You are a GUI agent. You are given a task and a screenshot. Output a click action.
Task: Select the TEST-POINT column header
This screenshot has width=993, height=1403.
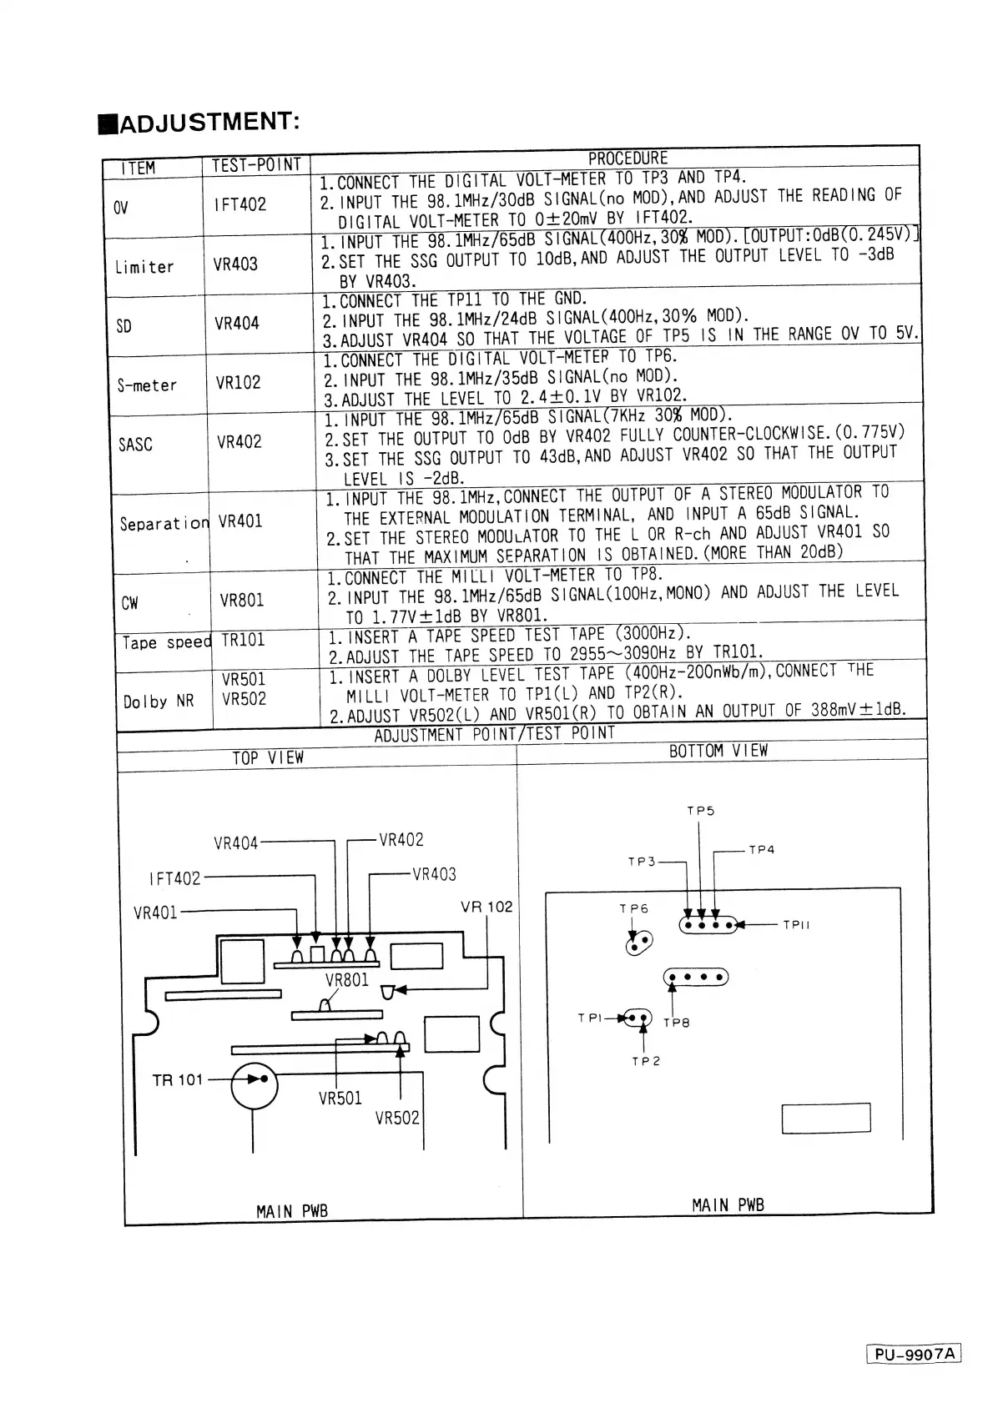point(255,165)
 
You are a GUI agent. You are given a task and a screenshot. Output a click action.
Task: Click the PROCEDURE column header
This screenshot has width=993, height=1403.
point(628,158)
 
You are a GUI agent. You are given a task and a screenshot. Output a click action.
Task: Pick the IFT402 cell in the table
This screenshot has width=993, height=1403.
point(239,204)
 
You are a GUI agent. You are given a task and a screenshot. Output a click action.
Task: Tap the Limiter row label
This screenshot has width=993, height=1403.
point(144,267)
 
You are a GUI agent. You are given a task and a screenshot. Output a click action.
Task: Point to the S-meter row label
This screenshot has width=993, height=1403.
point(147,385)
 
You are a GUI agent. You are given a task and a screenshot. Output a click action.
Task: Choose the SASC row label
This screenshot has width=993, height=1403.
point(135,445)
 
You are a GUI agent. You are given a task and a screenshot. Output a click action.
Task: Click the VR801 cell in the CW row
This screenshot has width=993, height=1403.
point(241,601)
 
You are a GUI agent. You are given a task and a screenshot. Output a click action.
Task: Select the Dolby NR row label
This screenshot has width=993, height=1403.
point(159,701)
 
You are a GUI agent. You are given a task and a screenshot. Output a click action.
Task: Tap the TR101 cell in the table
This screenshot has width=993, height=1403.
point(242,640)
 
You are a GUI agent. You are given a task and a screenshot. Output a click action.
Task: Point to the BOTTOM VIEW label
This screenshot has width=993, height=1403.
point(718,751)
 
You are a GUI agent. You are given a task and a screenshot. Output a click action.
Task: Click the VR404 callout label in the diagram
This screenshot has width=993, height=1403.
point(236,843)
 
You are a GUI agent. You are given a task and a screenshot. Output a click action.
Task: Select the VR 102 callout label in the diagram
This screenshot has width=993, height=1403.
point(486,907)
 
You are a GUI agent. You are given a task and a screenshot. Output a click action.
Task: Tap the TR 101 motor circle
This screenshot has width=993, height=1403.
point(255,1085)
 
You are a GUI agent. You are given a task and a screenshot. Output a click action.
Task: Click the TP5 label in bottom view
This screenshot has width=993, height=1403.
point(700,811)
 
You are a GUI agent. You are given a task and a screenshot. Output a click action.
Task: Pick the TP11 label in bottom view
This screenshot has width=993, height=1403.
point(796,925)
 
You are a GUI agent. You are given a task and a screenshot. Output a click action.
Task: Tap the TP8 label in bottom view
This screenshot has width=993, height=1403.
point(676,1023)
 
